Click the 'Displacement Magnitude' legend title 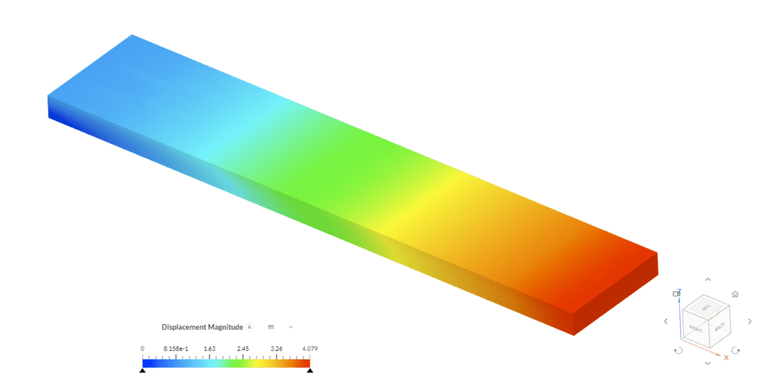(202, 327)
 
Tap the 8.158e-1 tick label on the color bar (176, 348)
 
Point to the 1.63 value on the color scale (209, 348)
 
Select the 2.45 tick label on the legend (243, 348)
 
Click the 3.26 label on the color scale (276, 348)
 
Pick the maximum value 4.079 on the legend (307, 348)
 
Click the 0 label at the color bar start (142, 348)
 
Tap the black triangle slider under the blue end (142, 369)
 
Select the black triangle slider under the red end (310, 369)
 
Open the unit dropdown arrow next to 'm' (290, 327)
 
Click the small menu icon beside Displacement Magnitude (250, 327)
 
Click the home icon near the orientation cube (735, 294)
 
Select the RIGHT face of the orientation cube (697, 328)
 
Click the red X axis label (726, 357)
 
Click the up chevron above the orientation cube (707, 279)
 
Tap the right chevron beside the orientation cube (749, 321)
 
